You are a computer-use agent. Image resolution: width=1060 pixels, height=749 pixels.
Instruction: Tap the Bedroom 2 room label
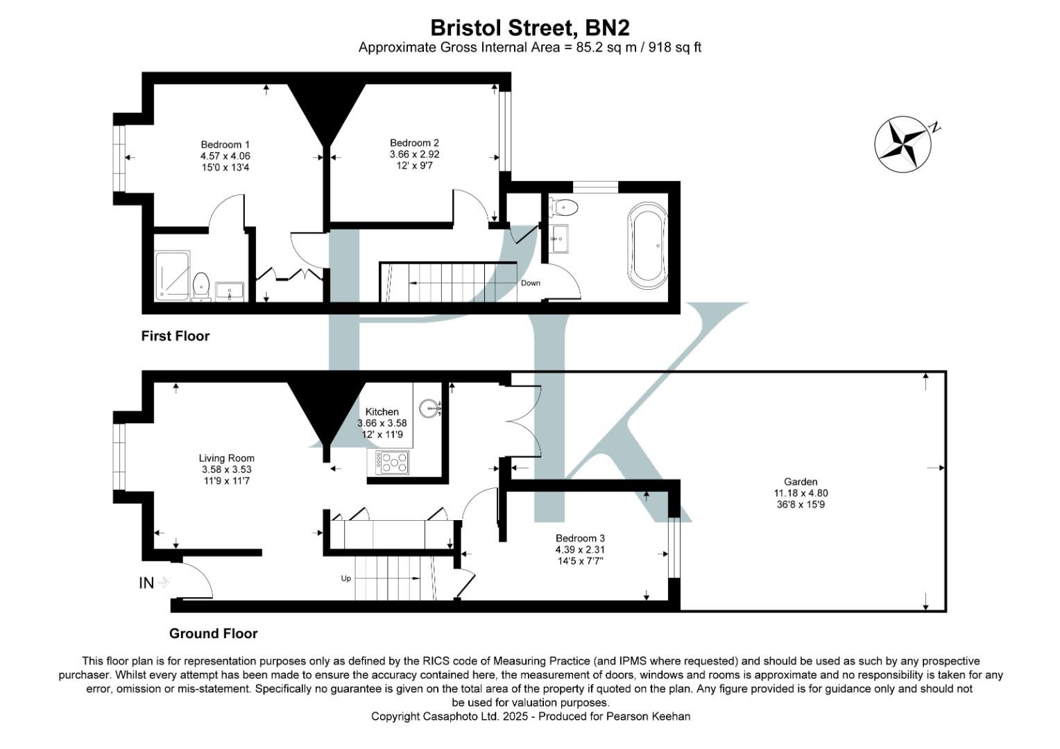pyautogui.click(x=414, y=144)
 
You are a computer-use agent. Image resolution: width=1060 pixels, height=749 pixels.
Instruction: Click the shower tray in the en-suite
pyautogui.click(x=171, y=275)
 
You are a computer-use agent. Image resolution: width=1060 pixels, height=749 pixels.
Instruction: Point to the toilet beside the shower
pyautogui.click(x=201, y=286)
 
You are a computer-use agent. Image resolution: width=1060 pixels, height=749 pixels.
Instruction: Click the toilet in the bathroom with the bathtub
pyautogui.click(x=564, y=206)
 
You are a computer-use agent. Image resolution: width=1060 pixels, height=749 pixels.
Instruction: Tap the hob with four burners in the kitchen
pyautogui.click(x=392, y=463)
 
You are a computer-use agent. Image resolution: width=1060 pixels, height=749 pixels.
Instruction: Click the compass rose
pyautogui.click(x=901, y=143)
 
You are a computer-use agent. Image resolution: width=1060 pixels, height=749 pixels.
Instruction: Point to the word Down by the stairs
pyautogui.click(x=531, y=283)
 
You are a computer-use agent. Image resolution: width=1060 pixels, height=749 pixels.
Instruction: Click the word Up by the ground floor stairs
pyautogui.click(x=345, y=578)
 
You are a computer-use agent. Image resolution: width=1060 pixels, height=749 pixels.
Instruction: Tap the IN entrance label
pyautogui.click(x=146, y=583)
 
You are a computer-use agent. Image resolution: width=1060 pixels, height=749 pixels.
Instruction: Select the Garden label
pyautogui.click(x=801, y=481)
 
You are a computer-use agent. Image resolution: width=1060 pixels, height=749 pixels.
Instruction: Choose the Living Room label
pyautogui.click(x=226, y=458)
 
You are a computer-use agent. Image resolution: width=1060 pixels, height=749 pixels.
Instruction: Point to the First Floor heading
pyautogui.click(x=175, y=336)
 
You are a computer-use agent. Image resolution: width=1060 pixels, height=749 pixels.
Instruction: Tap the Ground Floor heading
pyautogui.click(x=213, y=633)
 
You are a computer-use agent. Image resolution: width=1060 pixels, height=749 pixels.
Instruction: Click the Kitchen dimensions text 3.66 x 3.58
pyautogui.click(x=382, y=423)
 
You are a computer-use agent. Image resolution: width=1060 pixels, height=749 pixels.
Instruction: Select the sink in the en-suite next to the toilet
pyautogui.click(x=229, y=291)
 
